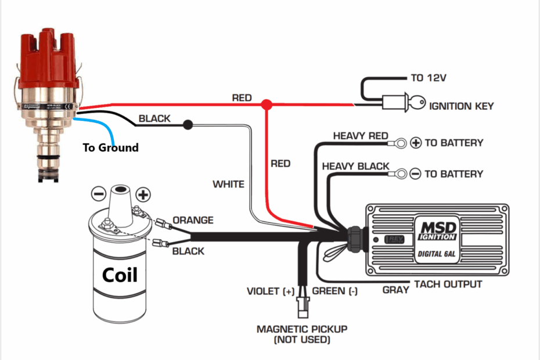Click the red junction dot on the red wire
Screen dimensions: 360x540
click(267, 105)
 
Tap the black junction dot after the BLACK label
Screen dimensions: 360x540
click(188, 124)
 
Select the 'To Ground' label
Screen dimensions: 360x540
click(110, 147)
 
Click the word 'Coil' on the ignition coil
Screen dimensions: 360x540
click(120, 274)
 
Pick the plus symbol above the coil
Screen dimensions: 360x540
click(142, 193)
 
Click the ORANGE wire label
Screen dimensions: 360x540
click(193, 221)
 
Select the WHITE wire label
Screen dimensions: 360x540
click(228, 184)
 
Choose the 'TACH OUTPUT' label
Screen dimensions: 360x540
click(447, 284)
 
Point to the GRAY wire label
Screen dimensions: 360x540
click(397, 290)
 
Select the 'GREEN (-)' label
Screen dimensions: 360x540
click(335, 291)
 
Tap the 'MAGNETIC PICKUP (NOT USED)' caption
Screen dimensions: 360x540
click(302, 334)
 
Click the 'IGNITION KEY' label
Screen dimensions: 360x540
click(461, 106)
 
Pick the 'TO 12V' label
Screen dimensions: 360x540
click(429, 78)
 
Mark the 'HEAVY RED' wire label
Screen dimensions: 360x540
click(360, 136)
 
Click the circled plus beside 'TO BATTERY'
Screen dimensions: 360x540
click(416, 142)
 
